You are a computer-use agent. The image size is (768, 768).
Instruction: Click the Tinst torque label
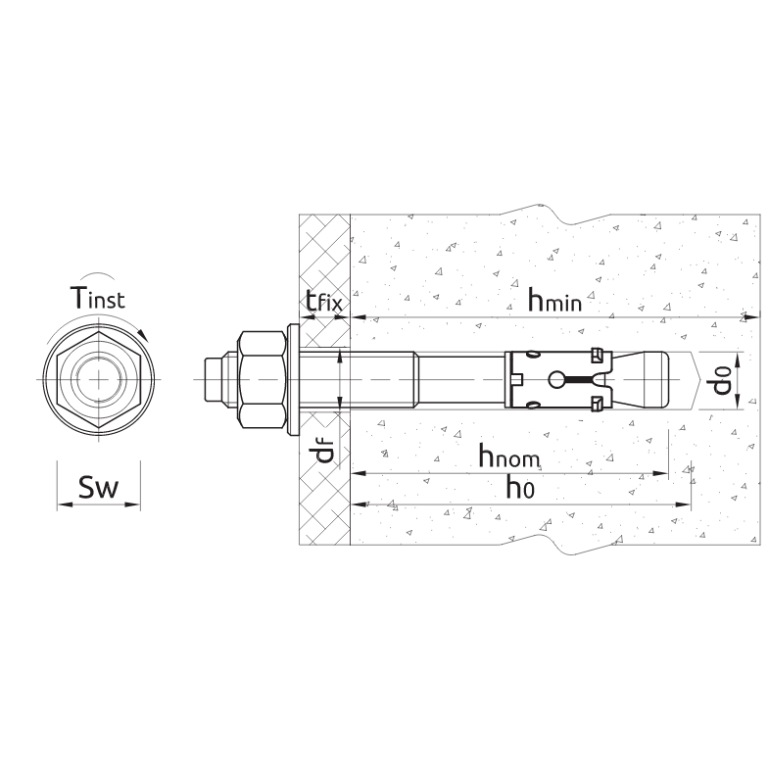[98, 298]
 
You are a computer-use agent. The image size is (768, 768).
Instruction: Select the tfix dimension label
[324, 302]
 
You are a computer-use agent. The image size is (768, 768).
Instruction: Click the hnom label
[508, 455]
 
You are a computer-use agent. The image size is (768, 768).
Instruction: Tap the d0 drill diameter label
[722, 380]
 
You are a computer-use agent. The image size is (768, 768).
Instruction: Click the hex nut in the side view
[262, 380]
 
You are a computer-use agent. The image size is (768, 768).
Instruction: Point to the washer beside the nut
[294, 380]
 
